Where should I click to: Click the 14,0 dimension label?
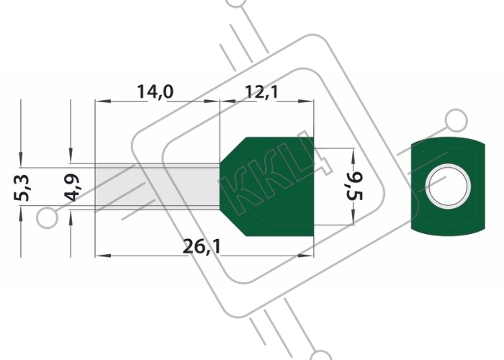(x=156, y=91)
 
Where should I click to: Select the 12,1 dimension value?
(x=261, y=91)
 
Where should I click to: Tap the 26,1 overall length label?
(x=202, y=246)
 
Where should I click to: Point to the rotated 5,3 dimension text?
(x=22, y=188)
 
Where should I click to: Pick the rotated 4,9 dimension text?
(x=72, y=187)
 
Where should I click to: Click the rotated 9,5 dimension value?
(x=354, y=186)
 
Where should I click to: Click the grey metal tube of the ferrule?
(x=157, y=186)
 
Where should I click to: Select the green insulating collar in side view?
(x=267, y=186)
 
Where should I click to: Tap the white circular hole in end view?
(x=448, y=186)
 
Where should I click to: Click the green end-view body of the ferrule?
(x=448, y=186)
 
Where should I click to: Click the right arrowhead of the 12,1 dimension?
(x=306, y=102)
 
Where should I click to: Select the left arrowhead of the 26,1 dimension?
(x=103, y=256)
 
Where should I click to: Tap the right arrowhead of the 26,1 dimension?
(x=306, y=256)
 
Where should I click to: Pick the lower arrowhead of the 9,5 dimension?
(x=353, y=217)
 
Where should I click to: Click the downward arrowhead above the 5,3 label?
(x=21, y=160)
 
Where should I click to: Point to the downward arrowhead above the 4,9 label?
(x=71, y=156)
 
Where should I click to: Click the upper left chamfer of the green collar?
(x=233, y=150)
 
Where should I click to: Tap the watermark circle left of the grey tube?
(x=48, y=217)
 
